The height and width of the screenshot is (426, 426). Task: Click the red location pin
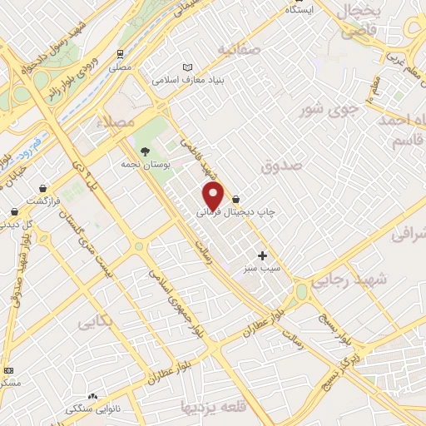click(214, 196)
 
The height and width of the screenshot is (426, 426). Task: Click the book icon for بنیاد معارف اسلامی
click(187, 67)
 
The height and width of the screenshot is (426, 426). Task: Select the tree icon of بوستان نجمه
click(146, 151)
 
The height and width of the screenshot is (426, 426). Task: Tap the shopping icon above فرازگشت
click(42, 188)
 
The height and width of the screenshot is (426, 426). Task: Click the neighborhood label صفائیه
click(239, 50)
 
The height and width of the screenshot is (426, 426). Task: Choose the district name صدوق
click(279, 167)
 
